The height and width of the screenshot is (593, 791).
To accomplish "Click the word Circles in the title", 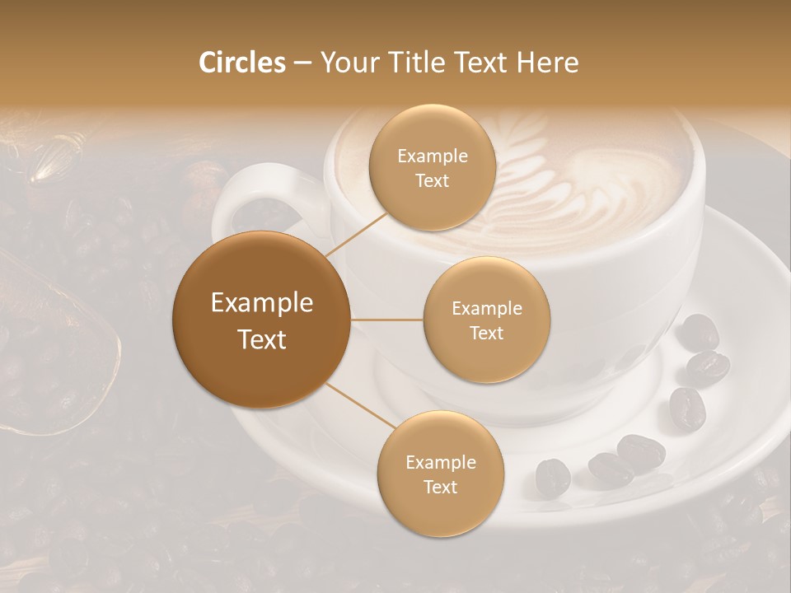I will pos(241,63).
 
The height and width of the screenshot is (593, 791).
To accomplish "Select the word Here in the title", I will pos(548,63).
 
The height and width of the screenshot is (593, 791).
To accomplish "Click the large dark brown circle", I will pos(261,320).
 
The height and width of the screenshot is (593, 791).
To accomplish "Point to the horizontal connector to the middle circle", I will pos(387,320).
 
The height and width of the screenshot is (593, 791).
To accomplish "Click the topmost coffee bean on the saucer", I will pos(699,330).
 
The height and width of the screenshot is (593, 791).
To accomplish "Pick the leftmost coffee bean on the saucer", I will pos(552,477).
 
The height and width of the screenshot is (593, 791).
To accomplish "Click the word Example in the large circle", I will pos(261,303).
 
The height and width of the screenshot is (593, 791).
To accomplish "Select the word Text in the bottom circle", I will pos(440,487).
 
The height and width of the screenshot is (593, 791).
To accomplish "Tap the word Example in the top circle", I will pos(432,156).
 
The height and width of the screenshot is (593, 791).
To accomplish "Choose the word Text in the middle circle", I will pos(486,333).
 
